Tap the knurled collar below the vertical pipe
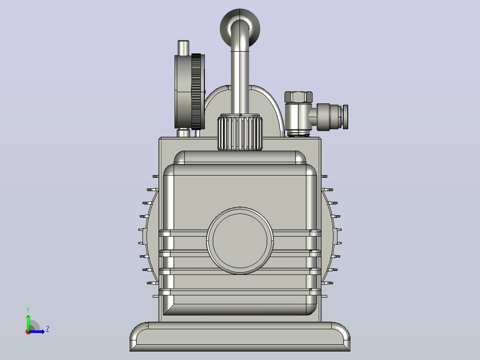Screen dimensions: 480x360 (240, 133)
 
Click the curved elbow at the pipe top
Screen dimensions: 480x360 (240, 29)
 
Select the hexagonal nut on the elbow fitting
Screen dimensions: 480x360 (298, 97)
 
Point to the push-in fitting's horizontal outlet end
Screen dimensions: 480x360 (346, 117)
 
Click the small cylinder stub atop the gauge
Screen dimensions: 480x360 (183, 48)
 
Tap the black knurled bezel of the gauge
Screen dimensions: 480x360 (196, 91)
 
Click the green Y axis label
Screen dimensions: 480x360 (28, 310)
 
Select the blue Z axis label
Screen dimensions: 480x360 (48, 329)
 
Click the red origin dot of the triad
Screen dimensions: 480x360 (28, 332)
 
